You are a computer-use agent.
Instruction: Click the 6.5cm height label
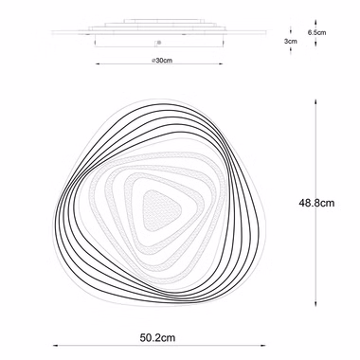coord(316,32)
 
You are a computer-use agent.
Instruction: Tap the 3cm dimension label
coord(291,41)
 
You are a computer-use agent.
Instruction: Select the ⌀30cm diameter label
coord(162,61)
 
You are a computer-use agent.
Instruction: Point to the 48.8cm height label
coord(316,203)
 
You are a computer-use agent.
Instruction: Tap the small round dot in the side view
coord(159,42)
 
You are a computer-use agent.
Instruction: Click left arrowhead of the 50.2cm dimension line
coord(55,346)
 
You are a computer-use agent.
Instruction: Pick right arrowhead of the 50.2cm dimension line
coord(263,346)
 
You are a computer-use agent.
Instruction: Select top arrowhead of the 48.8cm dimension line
coord(315,102)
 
